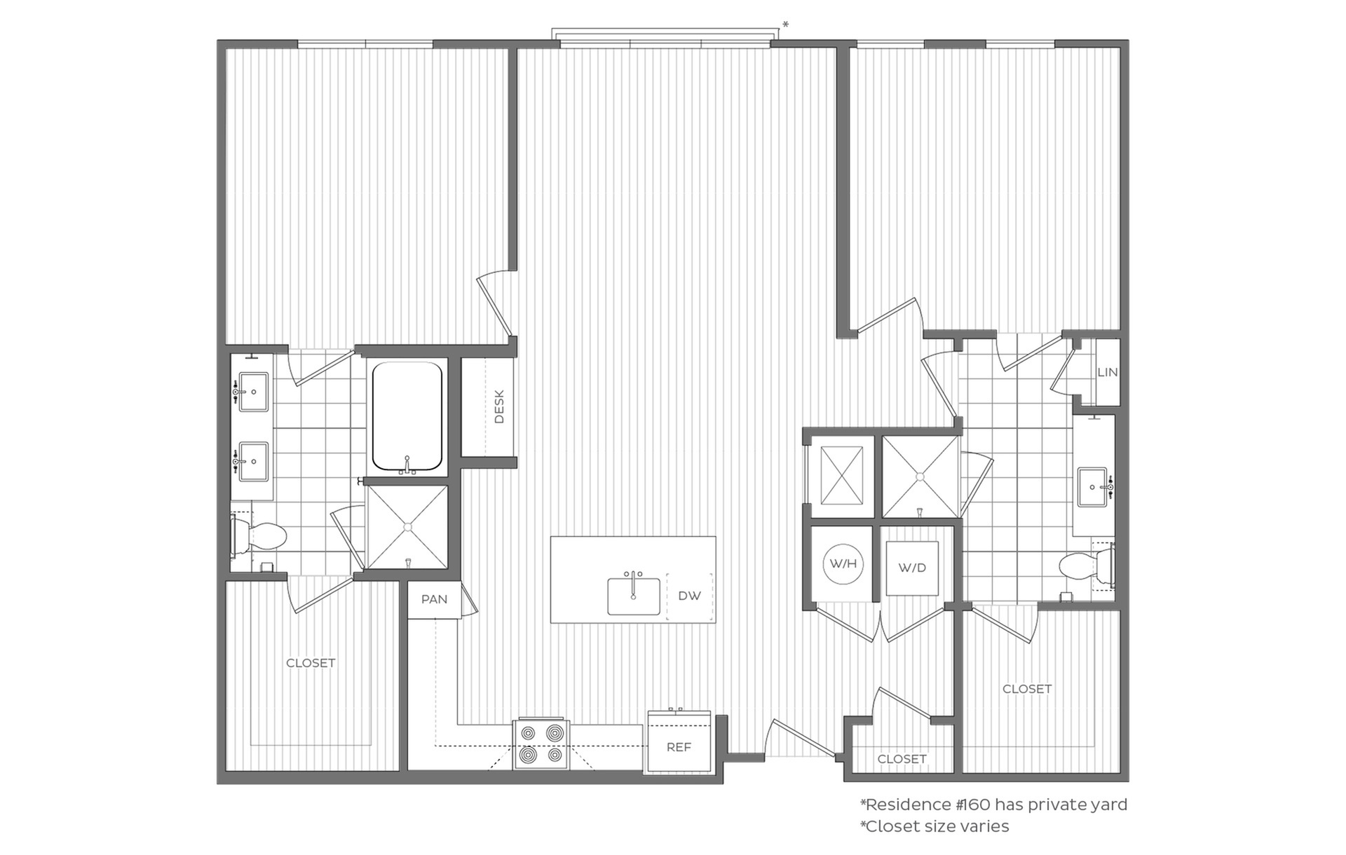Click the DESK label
coord(499,407)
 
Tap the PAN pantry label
coord(434,599)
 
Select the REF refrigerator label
coord(679,747)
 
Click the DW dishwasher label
coord(689,596)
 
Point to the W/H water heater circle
coord(843,563)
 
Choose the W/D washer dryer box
coord(912,568)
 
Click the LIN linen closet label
coord(1108,372)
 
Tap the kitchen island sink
coord(633,595)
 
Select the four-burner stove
coord(541,744)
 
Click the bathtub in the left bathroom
coord(407,417)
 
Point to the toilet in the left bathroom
coord(259,537)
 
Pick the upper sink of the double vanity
coord(252,392)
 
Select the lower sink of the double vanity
coord(252,462)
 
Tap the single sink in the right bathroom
coord(1094,487)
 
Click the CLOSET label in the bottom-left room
coord(311,663)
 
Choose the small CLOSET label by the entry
coord(902,759)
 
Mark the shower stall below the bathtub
coord(407,527)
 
